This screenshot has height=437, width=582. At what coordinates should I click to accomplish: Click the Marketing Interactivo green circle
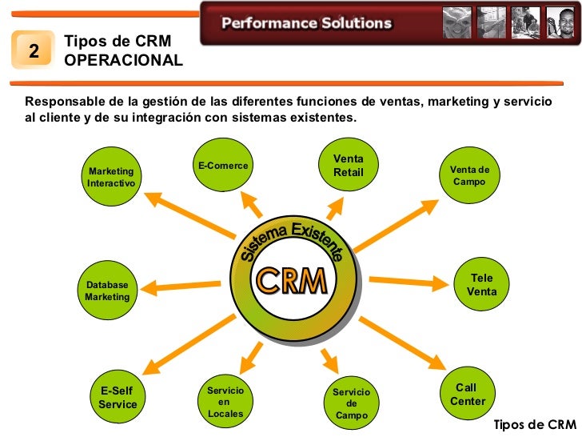point(111,177)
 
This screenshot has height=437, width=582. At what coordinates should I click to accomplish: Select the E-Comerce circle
point(223,166)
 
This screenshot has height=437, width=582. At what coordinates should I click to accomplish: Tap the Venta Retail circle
point(348,166)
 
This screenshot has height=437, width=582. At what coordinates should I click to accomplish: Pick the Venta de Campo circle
point(469,176)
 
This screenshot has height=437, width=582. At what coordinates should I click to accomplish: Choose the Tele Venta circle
point(481,285)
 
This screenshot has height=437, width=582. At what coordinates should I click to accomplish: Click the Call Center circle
point(468,394)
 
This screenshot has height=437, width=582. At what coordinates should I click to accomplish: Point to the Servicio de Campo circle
point(352,403)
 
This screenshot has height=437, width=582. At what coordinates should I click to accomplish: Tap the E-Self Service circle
point(118,397)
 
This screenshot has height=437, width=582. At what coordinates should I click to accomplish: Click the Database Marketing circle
point(107,291)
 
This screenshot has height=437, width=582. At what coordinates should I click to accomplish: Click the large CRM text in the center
point(291,281)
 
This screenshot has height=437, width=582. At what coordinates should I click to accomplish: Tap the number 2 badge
point(34,51)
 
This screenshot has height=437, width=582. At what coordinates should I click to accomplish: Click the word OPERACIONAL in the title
point(123,61)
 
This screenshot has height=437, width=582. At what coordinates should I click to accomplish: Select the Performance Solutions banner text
point(307,23)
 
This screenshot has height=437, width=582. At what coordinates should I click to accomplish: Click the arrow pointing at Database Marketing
point(188,284)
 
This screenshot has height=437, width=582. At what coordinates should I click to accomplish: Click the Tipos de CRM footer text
point(534,424)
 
